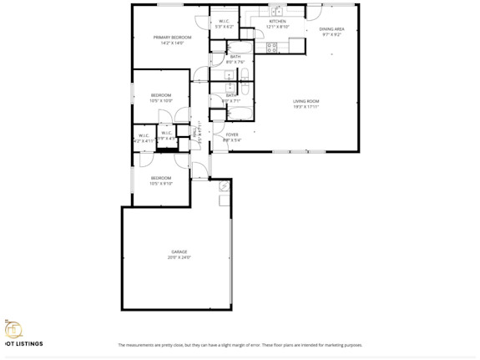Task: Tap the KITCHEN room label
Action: click(x=277, y=22)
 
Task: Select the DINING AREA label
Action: click(x=331, y=29)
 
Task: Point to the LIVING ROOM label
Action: click(x=306, y=101)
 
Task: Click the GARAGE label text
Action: click(x=179, y=251)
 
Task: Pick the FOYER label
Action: click(x=232, y=134)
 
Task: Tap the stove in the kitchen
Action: click(x=271, y=47)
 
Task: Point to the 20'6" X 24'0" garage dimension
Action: click(x=179, y=257)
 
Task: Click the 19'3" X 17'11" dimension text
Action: click(x=306, y=107)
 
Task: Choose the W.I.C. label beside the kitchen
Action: click(x=225, y=22)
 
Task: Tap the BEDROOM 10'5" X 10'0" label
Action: click(x=161, y=97)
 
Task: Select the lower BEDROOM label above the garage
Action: click(x=161, y=178)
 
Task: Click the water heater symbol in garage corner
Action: click(x=223, y=188)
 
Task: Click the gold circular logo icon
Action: click(x=12, y=328)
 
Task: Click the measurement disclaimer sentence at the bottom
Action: click(x=240, y=345)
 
